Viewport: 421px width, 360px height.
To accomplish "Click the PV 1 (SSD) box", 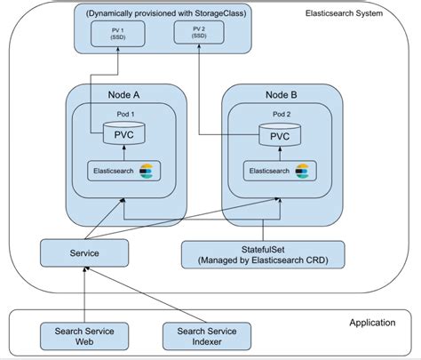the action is coord(118,34).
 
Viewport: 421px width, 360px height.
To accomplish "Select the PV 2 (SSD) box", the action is coord(199,32).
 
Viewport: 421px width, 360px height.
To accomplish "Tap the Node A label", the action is coord(123,95).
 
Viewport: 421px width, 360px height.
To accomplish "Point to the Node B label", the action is coord(282,95).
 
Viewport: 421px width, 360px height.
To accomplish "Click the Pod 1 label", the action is coord(125,114).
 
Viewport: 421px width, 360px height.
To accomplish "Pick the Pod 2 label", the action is coord(282,114).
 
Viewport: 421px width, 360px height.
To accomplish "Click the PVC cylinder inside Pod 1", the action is coord(124,133).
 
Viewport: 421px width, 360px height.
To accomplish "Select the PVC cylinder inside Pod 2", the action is coord(280,134).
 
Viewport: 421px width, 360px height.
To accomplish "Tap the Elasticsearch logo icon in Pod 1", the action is coord(147,172).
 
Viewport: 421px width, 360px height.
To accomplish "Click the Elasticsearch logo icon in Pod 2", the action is coord(302,172).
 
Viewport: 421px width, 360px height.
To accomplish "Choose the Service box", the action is coord(84,253).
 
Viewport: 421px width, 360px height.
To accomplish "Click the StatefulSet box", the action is coord(263,255).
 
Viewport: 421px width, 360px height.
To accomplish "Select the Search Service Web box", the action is coord(84,336).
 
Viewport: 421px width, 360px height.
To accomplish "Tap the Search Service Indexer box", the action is coord(207,336).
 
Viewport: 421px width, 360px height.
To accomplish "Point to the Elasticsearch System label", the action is coord(344,13).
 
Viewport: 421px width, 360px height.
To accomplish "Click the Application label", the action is coord(372,323).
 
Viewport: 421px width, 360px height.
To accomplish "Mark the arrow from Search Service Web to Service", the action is coord(84,295).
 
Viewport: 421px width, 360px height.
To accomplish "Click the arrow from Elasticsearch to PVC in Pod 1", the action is coord(124,153).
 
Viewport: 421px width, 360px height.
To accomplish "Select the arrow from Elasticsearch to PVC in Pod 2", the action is coord(280,154).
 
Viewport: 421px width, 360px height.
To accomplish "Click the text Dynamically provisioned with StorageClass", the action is coord(166,13).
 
